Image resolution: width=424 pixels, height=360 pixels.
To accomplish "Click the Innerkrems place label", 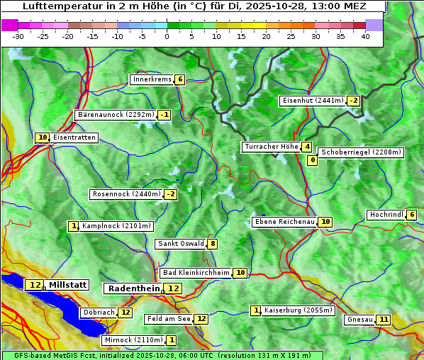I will coord(152,79).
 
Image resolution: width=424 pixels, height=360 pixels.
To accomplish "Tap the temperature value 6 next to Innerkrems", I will coord(180,79).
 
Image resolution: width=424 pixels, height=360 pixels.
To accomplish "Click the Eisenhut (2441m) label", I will coord(313,101).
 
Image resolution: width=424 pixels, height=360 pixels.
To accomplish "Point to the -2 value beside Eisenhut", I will coord(353,101).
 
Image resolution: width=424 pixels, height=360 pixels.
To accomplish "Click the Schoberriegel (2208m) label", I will coord(361,152).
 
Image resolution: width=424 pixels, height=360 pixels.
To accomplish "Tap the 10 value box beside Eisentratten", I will coord(43,137).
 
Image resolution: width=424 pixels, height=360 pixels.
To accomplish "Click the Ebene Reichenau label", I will coord(284,222).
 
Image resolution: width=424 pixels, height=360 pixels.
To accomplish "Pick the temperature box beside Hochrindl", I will coord(412,215).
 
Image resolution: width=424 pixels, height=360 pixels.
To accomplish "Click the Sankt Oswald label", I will coord(181,244).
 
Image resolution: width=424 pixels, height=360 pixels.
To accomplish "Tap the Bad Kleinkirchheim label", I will coord(196,273).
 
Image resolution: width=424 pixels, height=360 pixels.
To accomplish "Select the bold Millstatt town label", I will coord(67,285).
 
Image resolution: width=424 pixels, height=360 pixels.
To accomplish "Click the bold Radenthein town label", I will coord(134,288).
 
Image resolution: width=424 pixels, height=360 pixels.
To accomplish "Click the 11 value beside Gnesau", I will coord(384,320).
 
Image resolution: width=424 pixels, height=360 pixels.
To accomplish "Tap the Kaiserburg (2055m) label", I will coord(298,310).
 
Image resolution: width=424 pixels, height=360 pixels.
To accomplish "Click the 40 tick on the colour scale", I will coord(365,36).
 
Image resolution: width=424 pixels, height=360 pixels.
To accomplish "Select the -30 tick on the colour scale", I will coord(18,36).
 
